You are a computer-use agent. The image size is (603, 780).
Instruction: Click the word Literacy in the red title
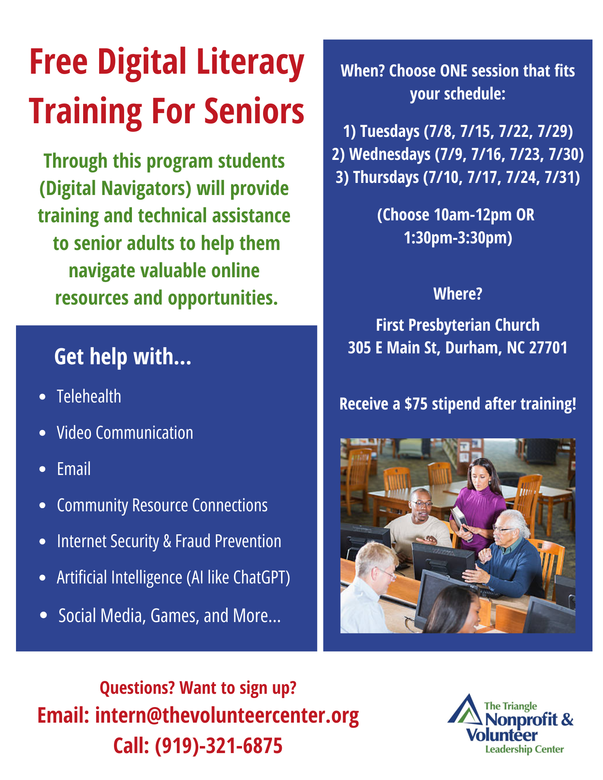250,63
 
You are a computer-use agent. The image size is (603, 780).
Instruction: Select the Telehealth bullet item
89,397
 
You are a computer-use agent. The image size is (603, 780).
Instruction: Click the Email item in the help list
74,469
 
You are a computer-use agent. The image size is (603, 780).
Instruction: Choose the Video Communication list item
125,433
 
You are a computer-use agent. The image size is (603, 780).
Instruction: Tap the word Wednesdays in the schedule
390,154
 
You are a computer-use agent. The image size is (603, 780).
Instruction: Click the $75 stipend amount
416,404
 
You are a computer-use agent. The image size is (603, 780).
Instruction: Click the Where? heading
458,294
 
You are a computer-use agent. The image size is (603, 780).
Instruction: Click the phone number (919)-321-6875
219,746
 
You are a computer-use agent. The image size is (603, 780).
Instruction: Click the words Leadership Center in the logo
525,749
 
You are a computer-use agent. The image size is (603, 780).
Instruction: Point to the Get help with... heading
123,356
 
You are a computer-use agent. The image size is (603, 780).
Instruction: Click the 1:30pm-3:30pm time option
458,238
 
